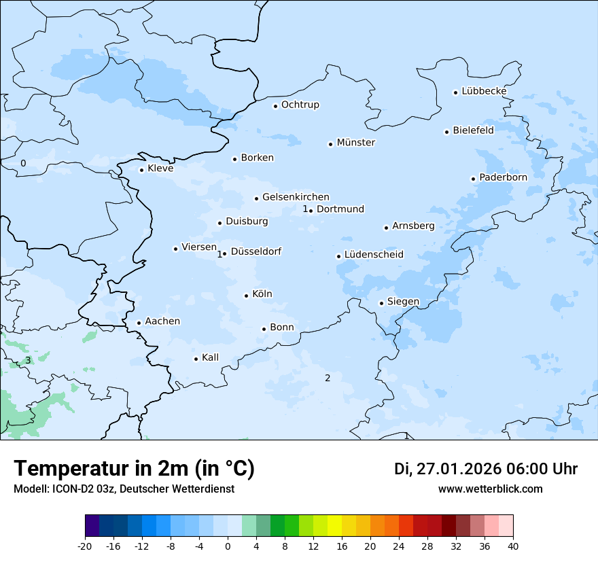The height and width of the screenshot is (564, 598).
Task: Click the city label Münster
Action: point(355,143)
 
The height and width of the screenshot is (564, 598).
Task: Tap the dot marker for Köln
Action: point(246,296)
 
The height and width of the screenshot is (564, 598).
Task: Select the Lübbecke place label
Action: point(484,91)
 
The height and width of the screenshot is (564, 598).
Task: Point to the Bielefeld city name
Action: point(473,130)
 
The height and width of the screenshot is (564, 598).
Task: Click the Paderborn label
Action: point(503,177)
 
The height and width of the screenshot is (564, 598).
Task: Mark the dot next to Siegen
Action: point(381,303)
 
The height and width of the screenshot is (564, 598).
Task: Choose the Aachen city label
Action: point(162,321)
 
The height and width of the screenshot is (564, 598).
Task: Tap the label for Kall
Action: point(211,357)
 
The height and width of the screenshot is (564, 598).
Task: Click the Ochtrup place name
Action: point(300,105)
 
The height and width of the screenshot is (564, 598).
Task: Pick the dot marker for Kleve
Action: point(141,170)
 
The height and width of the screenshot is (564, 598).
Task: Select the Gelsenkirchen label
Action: point(296,197)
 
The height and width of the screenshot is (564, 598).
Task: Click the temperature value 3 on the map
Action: point(28,360)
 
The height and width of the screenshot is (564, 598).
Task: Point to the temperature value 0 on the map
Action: point(23,163)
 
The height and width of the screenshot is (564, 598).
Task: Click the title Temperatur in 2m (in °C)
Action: point(134,469)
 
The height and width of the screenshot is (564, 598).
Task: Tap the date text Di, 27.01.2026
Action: point(447,469)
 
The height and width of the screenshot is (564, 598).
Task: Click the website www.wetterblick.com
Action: point(490,489)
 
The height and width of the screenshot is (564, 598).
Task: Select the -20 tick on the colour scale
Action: point(85,546)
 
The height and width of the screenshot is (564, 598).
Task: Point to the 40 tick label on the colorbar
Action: point(513,546)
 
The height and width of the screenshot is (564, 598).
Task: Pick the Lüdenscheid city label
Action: point(374,255)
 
